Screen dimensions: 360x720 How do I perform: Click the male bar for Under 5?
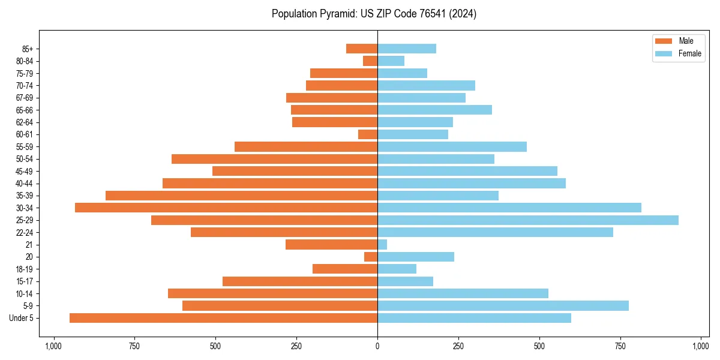pos(223,318)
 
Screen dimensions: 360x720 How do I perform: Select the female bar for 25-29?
pos(528,220)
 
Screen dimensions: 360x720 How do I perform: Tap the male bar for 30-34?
pos(226,208)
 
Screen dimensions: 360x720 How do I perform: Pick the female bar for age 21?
pos(382,245)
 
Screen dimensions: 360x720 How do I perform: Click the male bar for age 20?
pos(371,257)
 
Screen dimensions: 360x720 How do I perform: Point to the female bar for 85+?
pos(407,49)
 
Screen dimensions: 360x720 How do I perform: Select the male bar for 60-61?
pos(368,134)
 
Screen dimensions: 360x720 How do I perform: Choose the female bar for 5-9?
pos(503,306)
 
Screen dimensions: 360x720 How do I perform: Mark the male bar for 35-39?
pos(241,196)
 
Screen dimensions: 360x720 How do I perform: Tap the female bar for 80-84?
pos(391,61)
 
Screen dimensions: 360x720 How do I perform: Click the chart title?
pos(374,14)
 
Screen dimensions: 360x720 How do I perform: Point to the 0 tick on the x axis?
pos(377,346)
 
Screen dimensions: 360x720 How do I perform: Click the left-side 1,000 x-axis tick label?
pos(53,346)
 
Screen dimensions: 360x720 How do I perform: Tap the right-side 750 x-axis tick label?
pos(620,346)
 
